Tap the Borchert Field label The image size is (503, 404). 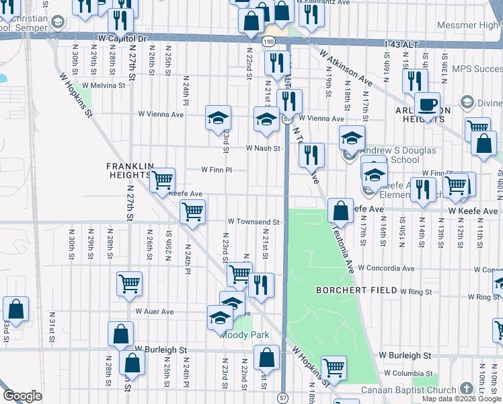point(348,290)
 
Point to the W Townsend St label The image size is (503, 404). point(253,222)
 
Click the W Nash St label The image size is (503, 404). point(262,148)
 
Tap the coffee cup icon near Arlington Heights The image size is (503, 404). point(426,105)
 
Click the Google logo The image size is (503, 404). point(22,396)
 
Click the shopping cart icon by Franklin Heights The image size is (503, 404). point(162,180)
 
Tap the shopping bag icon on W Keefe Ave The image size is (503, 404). point(341,210)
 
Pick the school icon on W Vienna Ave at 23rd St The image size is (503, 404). point(218,118)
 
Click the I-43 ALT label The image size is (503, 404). point(401,44)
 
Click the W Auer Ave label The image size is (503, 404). point(155,312)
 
